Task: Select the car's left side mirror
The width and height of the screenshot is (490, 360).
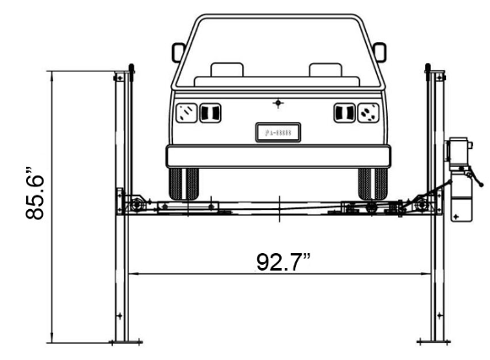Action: pyautogui.click(x=178, y=52)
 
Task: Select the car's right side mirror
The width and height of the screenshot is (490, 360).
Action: pyautogui.click(x=380, y=52)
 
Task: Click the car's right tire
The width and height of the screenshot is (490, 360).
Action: pyautogui.click(x=373, y=183)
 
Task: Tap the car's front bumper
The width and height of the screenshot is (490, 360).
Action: pyautogui.click(x=278, y=156)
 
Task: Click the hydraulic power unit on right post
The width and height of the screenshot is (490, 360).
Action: pyautogui.click(x=460, y=181)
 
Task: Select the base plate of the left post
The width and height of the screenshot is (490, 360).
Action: pyautogui.click(x=123, y=341)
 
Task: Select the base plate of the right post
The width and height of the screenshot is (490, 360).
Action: pyautogui.click(x=435, y=341)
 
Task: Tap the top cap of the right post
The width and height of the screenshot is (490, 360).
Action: pyautogui.click(x=428, y=67)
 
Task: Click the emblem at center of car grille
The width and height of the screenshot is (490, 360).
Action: pyautogui.click(x=278, y=104)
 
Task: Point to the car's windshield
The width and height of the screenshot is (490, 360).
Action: pyautogui.click(x=278, y=51)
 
